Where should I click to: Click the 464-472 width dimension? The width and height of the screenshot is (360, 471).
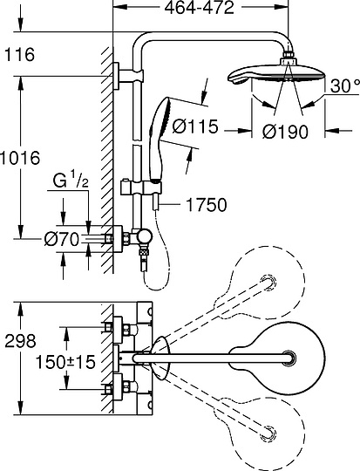(199, 8)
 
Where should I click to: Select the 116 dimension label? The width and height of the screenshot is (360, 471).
(19, 55)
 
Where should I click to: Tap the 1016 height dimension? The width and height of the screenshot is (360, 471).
(20, 158)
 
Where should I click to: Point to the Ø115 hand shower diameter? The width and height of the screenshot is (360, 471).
(195, 126)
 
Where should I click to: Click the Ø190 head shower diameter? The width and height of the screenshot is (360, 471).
(285, 132)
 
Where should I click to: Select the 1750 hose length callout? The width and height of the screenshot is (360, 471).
(207, 205)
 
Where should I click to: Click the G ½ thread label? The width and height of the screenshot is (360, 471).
(71, 181)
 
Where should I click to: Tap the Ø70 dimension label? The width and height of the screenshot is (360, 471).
(62, 240)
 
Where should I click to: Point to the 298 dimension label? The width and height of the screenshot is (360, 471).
(20, 341)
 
